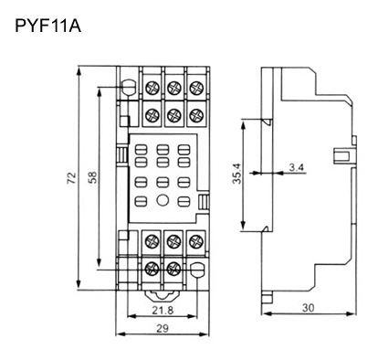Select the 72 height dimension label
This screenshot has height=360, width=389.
tap(70, 180)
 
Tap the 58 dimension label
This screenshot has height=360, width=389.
tap(92, 180)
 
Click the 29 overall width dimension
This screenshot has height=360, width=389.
tap(161, 328)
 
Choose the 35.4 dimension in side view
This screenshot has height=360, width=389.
tap(237, 174)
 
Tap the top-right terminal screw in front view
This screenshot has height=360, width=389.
tap(194, 89)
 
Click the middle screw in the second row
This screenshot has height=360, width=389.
tap(173, 115)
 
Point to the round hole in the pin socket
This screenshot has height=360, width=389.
tap(162, 199)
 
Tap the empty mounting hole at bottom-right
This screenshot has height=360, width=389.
tap(194, 270)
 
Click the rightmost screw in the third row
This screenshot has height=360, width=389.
tap(194, 241)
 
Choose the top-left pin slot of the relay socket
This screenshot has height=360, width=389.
tap(141, 145)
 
